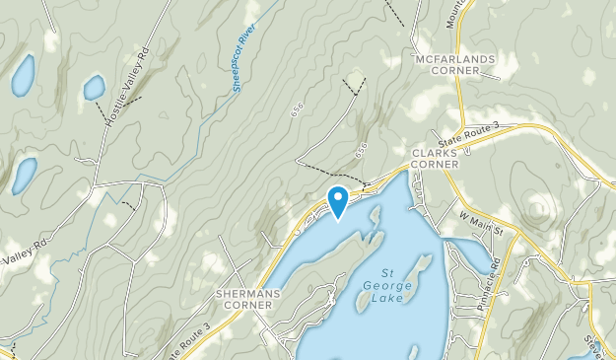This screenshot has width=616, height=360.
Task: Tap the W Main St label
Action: (481, 222)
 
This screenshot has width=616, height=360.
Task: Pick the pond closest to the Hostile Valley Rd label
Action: (94, 88)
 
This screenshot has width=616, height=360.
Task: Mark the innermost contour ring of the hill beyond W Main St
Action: (539, 208)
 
